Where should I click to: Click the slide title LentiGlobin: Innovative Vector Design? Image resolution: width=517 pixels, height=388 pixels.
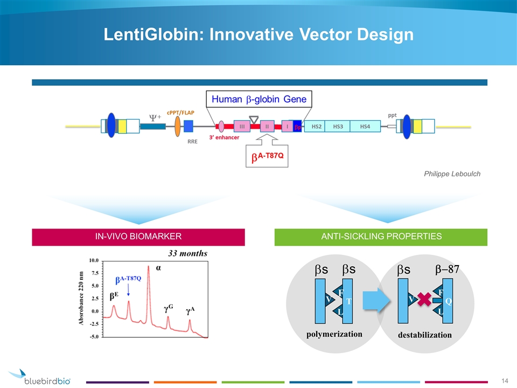[x=258, y=34]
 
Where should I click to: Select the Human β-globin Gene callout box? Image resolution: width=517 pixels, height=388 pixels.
[x=260, y=99]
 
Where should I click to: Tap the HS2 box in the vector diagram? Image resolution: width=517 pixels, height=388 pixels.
[x=317, y=127]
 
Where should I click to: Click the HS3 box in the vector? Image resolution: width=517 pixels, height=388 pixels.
[x=338, y=127]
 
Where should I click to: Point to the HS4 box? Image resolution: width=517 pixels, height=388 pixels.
[x=365, y=127]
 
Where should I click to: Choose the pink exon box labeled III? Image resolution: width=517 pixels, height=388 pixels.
[x=242, y=127]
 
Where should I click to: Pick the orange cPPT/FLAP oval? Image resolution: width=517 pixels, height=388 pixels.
[x=178, y=127]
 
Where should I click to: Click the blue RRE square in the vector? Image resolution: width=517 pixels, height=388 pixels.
[x=188, y=127]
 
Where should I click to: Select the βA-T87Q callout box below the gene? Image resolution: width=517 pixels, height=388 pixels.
[x=267, y=156]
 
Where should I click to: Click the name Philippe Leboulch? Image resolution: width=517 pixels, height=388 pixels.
[x=452, y=174]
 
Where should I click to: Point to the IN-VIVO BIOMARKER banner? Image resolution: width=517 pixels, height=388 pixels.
[x=139, y=237]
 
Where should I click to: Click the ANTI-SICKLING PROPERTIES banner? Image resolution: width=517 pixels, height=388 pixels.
[x=381, y=237]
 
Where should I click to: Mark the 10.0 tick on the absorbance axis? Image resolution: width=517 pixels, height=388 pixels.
[x=93, y=260]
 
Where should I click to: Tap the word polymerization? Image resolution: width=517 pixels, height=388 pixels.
[x=334, y=334]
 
